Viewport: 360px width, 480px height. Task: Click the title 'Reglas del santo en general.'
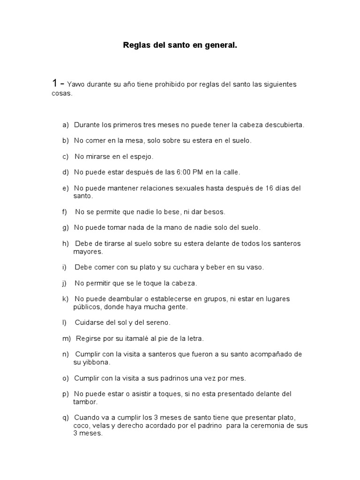(x=180, y=46)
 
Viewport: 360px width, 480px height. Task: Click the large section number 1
(x=55, y=83)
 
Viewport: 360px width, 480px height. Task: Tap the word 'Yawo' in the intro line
(x=77, y=85)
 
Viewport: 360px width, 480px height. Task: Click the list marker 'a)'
(x=65, y=125)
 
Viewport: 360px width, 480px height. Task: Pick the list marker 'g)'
(x=65, y=228)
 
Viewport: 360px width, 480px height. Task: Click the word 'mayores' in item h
(x=87, y=251)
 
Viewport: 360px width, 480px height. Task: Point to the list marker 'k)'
(x=65, y=299)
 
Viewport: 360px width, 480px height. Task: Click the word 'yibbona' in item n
(x=96, y=362)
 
